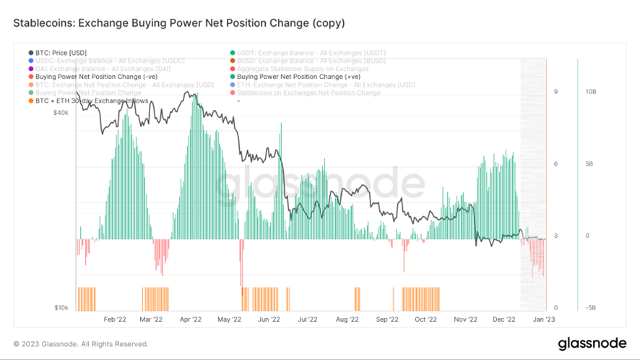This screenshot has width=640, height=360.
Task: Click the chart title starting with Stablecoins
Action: (x=178, y=23)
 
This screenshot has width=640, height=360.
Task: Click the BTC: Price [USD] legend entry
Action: (x=61, y=53)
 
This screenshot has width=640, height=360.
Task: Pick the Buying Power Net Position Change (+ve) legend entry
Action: (x=298, y=77)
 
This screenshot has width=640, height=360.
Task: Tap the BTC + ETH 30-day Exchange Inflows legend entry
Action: (x=91, y=100)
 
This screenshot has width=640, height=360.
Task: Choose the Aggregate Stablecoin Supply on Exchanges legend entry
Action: (x=303, y=69)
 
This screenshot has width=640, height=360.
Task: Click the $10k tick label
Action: (x=61, y=308)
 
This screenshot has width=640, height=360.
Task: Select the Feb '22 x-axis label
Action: (x=115, y=319)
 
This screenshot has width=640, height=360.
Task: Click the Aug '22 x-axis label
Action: (x=347, y=319)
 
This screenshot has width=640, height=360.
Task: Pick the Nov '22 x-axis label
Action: (x=466, y=319)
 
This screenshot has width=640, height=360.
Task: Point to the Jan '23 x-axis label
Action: (x=543, y=319)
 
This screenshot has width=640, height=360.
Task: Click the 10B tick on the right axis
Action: (x=590, y=92)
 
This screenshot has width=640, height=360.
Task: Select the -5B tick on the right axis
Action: (x=589, y=308)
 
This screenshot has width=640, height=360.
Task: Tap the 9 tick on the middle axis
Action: (x=555, y=92)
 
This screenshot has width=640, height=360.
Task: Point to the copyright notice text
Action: (x=81, y=344)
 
